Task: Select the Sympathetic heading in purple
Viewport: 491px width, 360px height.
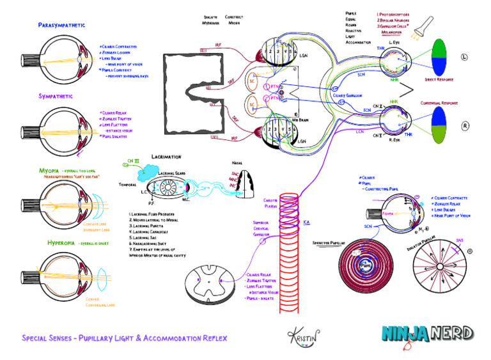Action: (x=56, y=96)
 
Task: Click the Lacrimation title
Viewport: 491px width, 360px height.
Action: (x=166, y=156)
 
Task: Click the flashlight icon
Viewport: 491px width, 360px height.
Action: (x=424, y=26)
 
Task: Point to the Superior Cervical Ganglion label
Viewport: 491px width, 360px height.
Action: (x=261, y=228)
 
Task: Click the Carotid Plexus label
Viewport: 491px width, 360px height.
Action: (x=272, y=203)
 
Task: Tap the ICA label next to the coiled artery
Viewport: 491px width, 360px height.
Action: (x=306, y=222)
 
